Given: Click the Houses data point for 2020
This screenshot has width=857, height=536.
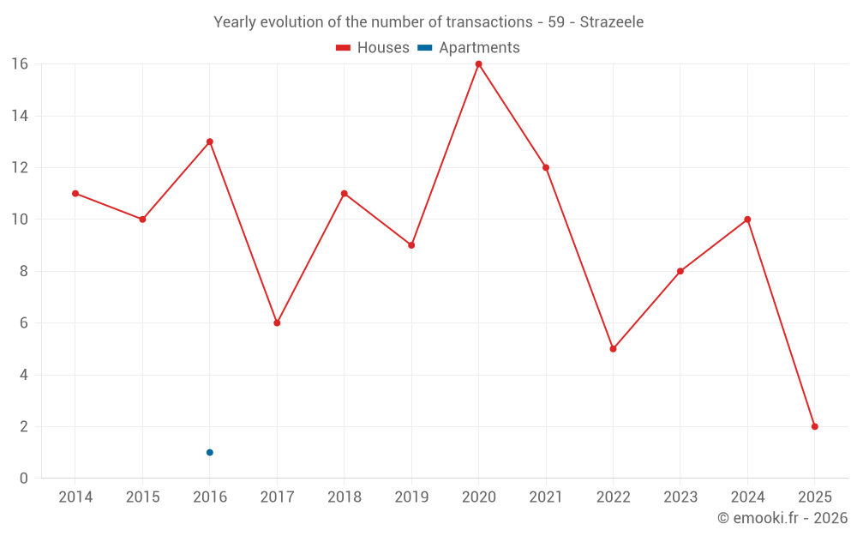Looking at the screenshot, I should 478,63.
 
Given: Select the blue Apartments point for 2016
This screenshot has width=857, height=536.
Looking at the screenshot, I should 209,452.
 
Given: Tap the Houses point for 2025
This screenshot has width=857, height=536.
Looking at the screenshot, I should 814,426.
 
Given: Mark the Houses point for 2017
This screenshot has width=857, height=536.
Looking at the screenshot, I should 277,322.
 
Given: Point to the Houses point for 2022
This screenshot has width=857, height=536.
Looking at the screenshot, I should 613,348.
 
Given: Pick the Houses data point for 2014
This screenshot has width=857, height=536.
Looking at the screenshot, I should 75,193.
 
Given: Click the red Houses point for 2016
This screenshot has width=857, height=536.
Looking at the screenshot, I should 209,142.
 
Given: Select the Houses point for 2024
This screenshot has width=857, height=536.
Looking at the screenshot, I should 747,219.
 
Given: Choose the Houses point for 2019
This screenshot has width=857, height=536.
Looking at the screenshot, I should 411,245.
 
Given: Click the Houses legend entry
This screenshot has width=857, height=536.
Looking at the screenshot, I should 373,48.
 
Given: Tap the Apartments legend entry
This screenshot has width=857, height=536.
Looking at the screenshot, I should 469,48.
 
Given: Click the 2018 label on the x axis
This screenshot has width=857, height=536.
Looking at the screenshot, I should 344,497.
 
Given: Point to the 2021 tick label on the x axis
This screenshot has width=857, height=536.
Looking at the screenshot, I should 546,497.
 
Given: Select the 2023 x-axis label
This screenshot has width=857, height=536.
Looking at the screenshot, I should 680,497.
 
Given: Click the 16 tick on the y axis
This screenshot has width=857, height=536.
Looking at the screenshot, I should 19,64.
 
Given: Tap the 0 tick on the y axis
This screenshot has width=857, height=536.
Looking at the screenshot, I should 23,479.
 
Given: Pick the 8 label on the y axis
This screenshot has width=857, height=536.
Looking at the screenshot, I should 23,271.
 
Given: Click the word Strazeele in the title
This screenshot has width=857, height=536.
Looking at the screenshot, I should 611,22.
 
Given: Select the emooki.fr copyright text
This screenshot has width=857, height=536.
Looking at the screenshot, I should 782,518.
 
